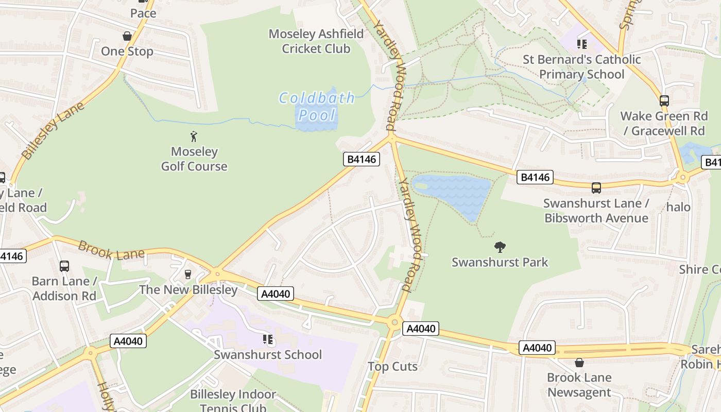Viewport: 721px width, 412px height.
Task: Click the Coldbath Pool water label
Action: [317, 106]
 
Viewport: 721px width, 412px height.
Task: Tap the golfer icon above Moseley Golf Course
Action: [194, 136]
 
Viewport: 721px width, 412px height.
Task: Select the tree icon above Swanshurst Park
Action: [500, 247]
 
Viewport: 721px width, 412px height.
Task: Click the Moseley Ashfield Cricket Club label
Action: [316, 41]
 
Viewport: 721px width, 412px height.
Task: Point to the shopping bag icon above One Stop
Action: [127, 36]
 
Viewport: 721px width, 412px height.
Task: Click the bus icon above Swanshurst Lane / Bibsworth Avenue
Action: [596, 188]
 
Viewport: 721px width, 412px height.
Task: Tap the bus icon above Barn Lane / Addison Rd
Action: [64, 266]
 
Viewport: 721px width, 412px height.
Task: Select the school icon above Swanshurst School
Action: [268, 339]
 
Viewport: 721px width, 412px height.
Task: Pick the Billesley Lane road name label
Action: [53, 131]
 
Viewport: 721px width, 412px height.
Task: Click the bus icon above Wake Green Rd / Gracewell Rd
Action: [664, 100]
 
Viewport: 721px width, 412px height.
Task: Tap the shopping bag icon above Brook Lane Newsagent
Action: [579, 363]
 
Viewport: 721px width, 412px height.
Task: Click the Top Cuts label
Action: [392, 367]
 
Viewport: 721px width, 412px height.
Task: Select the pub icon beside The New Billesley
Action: [188, 274]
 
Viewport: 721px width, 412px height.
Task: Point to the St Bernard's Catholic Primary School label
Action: [582, 67]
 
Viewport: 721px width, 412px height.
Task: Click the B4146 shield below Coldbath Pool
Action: [362, 159]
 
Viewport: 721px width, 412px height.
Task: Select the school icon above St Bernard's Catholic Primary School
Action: [582, 44]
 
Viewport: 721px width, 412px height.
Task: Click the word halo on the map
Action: [678, 207]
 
